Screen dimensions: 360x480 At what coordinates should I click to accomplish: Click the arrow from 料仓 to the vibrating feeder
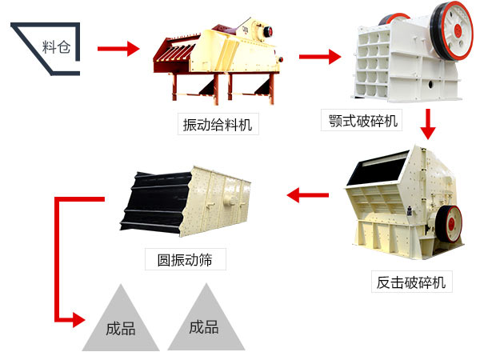[x=117, y=49]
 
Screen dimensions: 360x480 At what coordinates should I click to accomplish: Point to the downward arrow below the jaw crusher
[x=429, y=123]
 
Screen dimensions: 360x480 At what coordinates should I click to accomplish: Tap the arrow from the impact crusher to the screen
[x=308, y=194]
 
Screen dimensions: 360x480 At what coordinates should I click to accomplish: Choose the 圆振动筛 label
[x=186, y=259]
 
